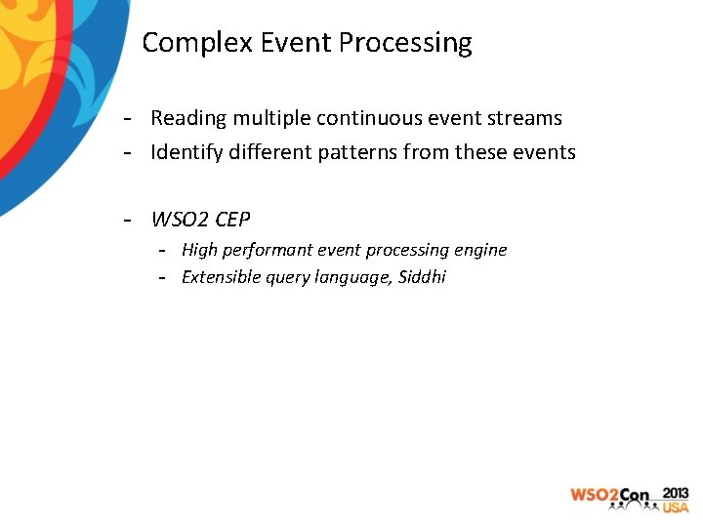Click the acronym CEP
(x=231, y=218)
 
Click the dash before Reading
(x=128, y=119)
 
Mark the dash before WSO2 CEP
(x=128, y=219)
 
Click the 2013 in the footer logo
(x=675, y=493)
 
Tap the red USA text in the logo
(x=676, y=507)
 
